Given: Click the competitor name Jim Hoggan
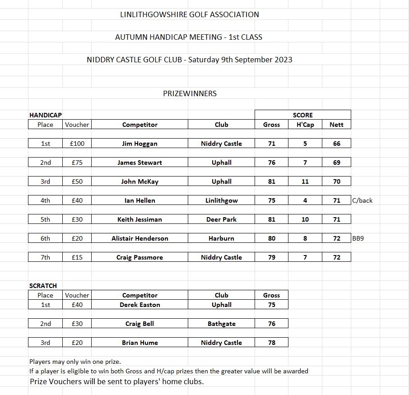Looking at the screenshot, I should coord(139,144).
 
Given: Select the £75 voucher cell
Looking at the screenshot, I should coord(77,163).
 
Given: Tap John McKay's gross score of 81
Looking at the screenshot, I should coord(271,181).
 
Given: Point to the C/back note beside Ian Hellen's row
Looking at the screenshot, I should coord(363,200).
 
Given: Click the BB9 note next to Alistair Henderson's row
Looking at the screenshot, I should coord(358,238).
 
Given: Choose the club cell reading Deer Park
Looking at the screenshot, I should coord(221,219).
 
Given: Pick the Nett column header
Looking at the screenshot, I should coord(336,125).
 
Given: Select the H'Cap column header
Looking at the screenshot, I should coord(305,125).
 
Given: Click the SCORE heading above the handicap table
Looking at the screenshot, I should coord(302,115).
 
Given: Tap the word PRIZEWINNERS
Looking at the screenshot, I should coord(190,93).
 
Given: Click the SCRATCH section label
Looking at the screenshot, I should coord(43,286).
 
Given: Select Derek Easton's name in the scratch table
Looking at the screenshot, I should coord(139,305).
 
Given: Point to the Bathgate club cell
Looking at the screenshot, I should coord(221,324).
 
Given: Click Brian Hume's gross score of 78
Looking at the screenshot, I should coord(271,343).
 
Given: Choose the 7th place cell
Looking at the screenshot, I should coord(45,257).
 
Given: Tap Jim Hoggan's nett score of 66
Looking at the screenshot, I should coord(336,144).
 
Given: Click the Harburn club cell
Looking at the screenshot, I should coord(221,238).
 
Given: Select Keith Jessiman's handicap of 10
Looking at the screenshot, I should coord(305,219).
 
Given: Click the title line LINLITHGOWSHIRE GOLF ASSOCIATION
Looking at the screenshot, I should coord(190,14).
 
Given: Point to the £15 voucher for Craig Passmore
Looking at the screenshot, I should coord(77,257).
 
